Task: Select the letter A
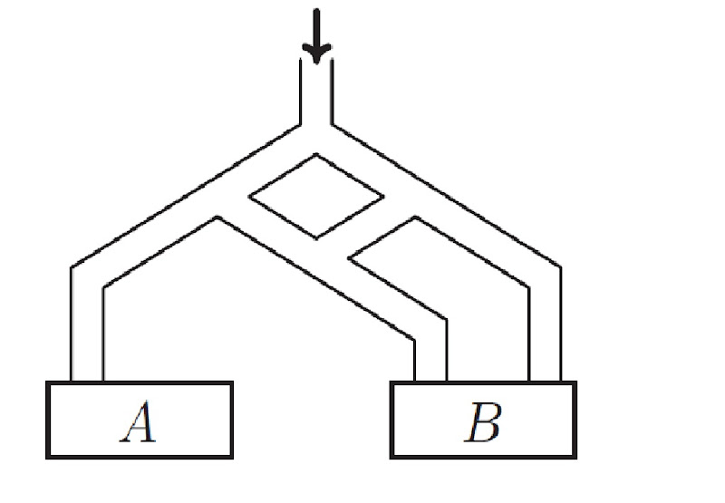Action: tap(140, 421)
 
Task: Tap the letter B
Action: tap(483, 422)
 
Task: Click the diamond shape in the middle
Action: tap(315, 197)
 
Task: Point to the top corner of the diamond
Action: tap(315, 155)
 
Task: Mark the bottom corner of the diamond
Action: tap(315, 238)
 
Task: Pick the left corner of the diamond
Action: tap(249, 197)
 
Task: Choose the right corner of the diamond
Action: tap(382, 196)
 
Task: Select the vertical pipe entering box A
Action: tap(87, 335)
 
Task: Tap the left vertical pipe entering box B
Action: tap(430, 358)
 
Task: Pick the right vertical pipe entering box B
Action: tap(545, 335)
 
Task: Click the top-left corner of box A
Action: tap(47, 383)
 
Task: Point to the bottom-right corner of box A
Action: tap(232, 457)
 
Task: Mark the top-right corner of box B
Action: tap(575, 383)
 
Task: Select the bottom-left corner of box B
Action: tap(391, 457)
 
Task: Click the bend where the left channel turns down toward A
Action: tap(88, 276)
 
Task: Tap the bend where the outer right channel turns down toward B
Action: tap(545, 276)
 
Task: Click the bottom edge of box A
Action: tap(140, 457)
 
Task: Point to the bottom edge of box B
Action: tap(483, 457)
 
